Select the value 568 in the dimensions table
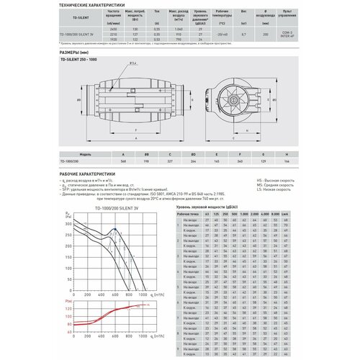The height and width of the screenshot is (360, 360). click(124, 161)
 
